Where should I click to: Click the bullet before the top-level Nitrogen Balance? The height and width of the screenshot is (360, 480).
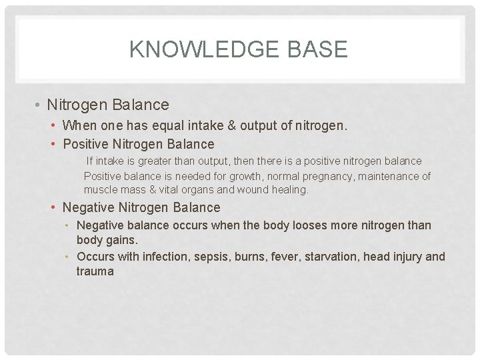(x=40, y=105)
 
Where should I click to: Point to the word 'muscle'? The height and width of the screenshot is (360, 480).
(x=101, y=189)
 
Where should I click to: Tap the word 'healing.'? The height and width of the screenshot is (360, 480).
(x=289, y=189)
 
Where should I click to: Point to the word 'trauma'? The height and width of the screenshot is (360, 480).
(x=95, y=271)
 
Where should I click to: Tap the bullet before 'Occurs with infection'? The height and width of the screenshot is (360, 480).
(x=69, y=257)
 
